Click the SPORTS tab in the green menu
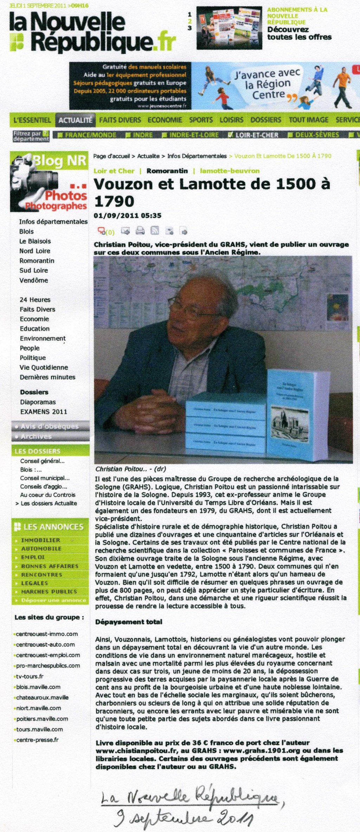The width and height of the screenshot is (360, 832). pyautogui.click(x=201, y=120)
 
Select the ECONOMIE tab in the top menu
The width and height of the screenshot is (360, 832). pyautogui.click(x=165, y=120)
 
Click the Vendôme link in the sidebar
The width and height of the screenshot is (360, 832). pyautogui.click(x=33, y=280)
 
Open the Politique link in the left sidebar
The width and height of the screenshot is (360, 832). pyautogui.click(x=33, y=357)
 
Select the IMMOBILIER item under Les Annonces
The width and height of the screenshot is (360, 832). pyautogui.click(x=40, y=540)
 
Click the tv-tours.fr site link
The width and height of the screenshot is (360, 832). pyautogui.click(x=30, y=676)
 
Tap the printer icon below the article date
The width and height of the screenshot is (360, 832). pyautogui.click(x=140, y=231)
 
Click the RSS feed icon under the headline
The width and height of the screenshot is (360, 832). pyautogui.click(x=155, y=231)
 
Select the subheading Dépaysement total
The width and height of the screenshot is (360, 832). pyautogui.click(x=129, y=622)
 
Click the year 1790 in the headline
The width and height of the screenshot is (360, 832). pyautogui.click(x=114, y=201)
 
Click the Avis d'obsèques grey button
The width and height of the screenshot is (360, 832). pyautogui.click(x=50, y=426)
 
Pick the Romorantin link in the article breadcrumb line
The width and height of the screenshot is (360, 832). pyautogui.click(x=167, y=171)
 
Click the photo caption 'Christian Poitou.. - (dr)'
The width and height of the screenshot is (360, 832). pyautogui.click(x=130, y=469)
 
